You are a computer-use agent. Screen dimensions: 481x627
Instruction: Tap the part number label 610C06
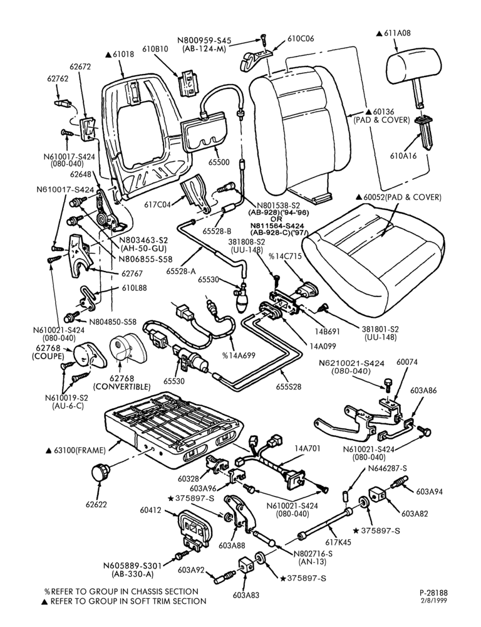click(301, 39)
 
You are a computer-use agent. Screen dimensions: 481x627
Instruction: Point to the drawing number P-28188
click(433, 593)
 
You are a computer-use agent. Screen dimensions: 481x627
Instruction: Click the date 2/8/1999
click(434, 601)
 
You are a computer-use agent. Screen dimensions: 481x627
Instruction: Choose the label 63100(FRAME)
click(79, 451)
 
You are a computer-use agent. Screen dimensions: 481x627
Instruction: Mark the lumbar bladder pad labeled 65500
click(204, 132)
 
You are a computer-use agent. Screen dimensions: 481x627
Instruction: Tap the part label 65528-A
click(181, 271)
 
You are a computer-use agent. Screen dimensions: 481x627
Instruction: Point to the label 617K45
click(339, 542)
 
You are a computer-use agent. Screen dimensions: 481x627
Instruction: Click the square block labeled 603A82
click(378, 496)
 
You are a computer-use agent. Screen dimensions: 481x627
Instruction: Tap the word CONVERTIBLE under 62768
click(122, 387)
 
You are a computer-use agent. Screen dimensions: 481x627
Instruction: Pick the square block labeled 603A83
click(247, 567)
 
